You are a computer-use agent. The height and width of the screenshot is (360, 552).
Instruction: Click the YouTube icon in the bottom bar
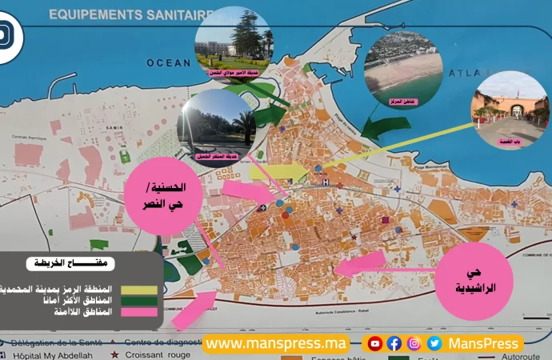[374, 343]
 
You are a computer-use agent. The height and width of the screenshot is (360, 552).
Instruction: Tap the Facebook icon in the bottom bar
[394, 343]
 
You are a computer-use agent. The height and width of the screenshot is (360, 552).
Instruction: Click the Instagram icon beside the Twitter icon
[414, 343]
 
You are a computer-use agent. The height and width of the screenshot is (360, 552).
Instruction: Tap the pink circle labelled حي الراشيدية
[474, 281]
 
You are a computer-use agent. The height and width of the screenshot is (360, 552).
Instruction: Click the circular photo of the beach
[402, 67]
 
